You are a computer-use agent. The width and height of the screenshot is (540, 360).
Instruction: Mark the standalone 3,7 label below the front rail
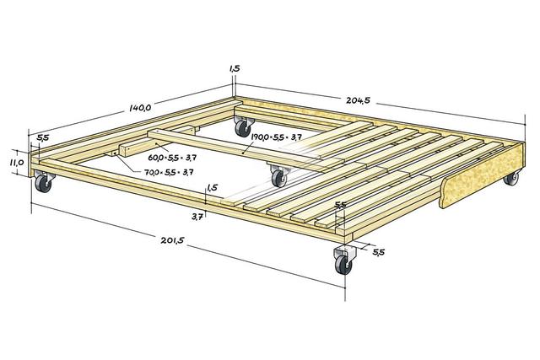click(197, 217)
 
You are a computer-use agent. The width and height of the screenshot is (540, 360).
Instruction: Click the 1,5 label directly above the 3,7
click(212, 189)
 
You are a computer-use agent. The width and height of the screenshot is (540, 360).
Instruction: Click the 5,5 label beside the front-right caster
click(378, 252)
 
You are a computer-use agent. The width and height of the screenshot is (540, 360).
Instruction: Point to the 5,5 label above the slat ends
click(341, 205)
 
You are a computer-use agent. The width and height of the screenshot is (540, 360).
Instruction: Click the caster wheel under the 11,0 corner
click(43, 181)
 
